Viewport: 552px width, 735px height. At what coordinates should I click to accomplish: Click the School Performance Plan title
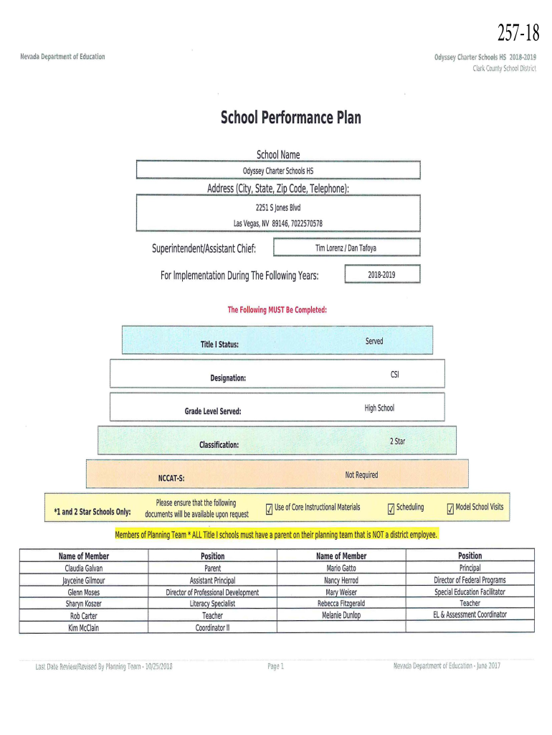tap(290, 117)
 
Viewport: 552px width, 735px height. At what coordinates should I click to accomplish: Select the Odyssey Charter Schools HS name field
tap(277, 171)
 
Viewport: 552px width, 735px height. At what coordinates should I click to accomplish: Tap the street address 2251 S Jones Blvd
tap(277, 207)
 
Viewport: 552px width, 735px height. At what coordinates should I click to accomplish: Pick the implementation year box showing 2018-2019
tap(382, 275)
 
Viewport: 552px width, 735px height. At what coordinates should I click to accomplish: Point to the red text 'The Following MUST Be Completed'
tap(277, 310)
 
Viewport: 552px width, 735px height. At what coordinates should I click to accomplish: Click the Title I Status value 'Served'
tap(374, 341)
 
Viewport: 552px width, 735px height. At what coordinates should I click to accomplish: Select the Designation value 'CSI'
tap(395, 375)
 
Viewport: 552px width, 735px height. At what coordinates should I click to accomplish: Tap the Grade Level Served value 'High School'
tap(379, 408)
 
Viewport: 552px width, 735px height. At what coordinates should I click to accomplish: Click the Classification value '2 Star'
tap(397, 441)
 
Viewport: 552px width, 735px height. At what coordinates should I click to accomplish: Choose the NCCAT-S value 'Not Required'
tap(361, 474)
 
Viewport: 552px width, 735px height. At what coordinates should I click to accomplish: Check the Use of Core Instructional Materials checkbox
tap(269, 510)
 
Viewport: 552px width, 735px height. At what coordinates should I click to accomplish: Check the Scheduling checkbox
tap(391, 510)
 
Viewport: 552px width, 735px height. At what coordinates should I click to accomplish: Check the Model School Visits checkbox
tap(450, 510)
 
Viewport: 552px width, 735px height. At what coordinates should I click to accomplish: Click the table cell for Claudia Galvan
tap(84, 568)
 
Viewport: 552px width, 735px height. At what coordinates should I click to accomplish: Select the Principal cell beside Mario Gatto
tap(470, 568)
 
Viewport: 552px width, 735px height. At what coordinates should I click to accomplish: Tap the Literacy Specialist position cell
tap(212, 604)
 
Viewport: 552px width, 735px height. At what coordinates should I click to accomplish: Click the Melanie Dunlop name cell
tap(341, 615)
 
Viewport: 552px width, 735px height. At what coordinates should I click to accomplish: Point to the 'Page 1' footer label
tap(276, 666)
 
